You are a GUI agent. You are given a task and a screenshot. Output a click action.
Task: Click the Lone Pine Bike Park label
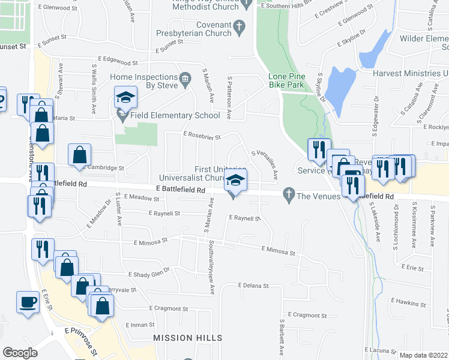[x=286, y=81]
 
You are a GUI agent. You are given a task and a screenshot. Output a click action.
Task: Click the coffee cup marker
[x=27, y=302]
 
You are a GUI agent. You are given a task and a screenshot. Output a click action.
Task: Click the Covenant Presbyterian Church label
[x=194, y=29]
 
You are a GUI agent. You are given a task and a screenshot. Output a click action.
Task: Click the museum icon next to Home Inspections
[x=185, y=77]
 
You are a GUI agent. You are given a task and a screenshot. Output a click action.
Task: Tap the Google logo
[x=20, y=353]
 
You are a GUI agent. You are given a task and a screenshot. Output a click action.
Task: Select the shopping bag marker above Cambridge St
[x=79, y=156]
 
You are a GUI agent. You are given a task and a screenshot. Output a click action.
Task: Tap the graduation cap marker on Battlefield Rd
[x=235, y=181]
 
